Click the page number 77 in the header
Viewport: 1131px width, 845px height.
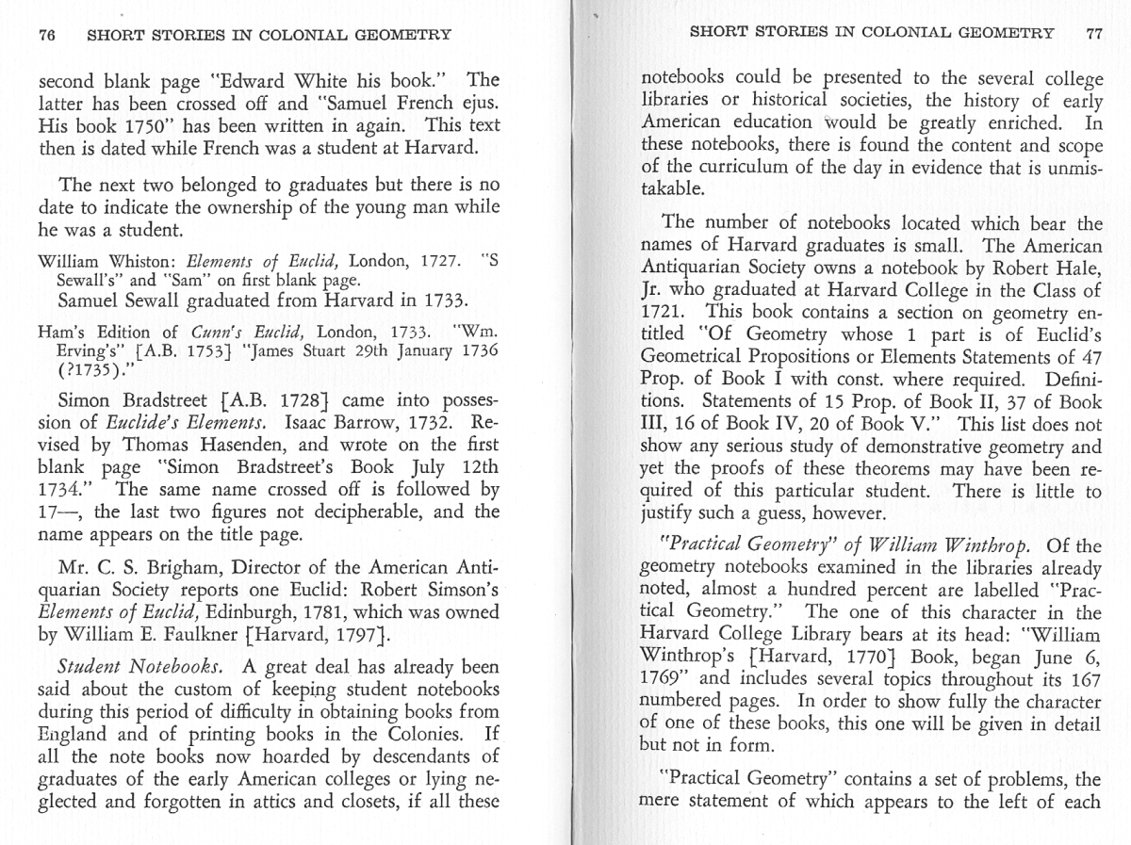[1093, 33]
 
